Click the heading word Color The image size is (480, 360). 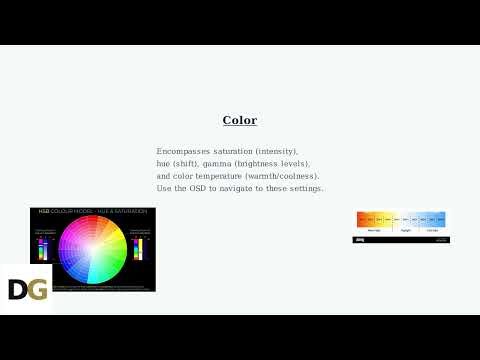240,120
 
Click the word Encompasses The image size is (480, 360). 183,151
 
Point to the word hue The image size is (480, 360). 164,164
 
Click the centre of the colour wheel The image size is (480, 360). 92,249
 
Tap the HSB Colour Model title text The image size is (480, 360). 92,212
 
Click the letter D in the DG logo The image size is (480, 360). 17,290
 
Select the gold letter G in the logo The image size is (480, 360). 38,290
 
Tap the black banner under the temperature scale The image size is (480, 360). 401,240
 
